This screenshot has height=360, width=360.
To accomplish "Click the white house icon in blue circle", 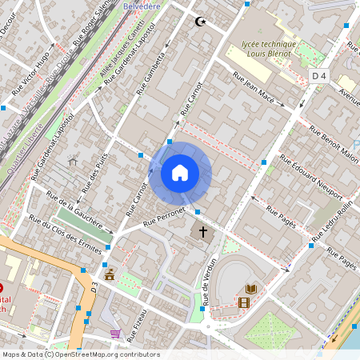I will (180, 173).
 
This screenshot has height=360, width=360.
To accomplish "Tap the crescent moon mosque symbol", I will (200, 22).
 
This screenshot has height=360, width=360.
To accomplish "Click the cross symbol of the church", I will (203, 232).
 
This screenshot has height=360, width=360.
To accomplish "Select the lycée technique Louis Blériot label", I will (269, 50).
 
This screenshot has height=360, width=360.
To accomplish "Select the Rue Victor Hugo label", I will (31, 70).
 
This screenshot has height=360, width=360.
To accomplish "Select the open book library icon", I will (251, 289).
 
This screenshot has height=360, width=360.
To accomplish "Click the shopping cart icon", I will (115, 333).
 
